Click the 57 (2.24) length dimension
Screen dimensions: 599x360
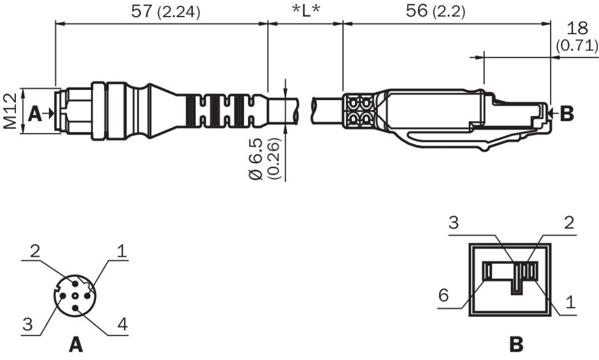[165, 11]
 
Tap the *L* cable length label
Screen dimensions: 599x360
[306, 11]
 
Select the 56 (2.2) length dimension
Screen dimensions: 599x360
[435, 11]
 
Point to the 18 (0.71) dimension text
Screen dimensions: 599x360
[577, 37]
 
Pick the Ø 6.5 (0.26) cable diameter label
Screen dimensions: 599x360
[264, 159]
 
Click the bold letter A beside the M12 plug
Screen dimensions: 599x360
[35, 113]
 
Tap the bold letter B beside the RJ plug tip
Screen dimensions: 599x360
[567, 113]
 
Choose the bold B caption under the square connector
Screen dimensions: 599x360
[517, 345]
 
